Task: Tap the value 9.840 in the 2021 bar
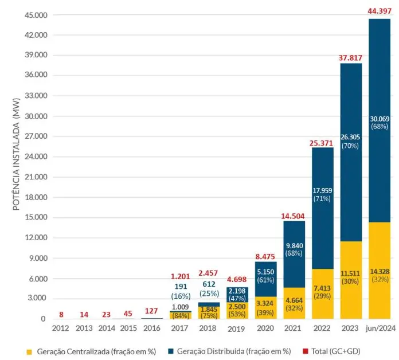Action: (x=294, y=246)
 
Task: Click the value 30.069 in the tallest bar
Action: (x=380, y=119)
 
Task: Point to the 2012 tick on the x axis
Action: (x=61, y=329)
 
